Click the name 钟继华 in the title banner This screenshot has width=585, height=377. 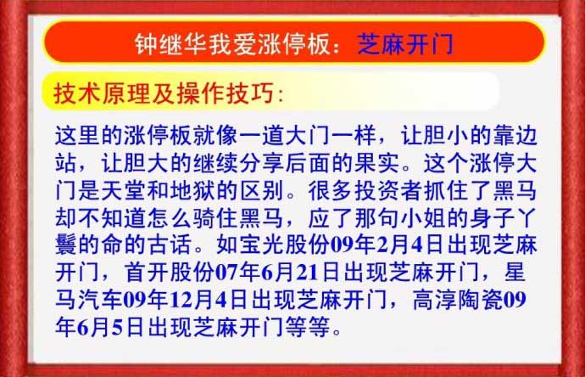[x=170, y=44]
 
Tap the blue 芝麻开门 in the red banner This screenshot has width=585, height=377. [x=405, y=44]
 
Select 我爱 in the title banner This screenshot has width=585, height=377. [x=232, y=44]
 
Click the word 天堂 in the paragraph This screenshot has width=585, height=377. [x=124, y=190]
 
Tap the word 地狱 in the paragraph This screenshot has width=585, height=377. [x=192, y=190]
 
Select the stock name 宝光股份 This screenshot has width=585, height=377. [x=284, y=245]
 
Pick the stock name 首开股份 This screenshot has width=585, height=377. [x=170, y=273]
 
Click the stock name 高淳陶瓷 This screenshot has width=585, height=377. [x=458, y=300]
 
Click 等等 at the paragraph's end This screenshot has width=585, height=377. [x=308, y=327]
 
